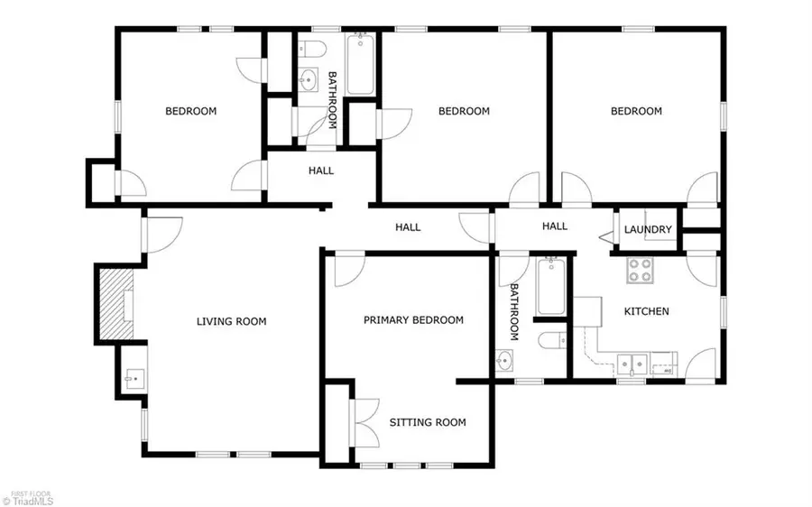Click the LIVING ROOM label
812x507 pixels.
[232, 321]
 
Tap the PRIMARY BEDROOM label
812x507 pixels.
[413, 320]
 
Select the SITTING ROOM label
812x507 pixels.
[428, 422]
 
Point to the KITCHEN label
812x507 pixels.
[647, 311]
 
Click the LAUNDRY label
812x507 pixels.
[648, 229]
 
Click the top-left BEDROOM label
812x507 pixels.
[190, 112]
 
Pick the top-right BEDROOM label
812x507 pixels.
[636, 112]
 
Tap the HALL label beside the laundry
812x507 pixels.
[555, 226]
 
